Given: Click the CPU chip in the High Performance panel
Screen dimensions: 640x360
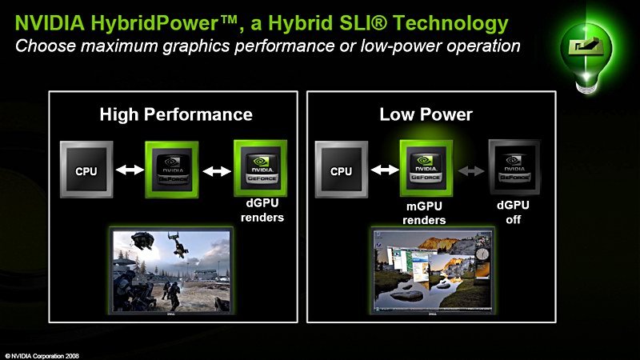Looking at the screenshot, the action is tap(86, 170).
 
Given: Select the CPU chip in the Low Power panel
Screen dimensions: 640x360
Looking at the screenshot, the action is tap(342, 170).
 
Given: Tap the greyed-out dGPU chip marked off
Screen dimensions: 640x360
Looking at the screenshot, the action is tap(514, 167).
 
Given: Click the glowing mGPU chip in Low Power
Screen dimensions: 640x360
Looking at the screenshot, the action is tap(426, 168).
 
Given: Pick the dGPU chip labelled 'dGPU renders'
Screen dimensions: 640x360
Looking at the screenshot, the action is tap(261, 168).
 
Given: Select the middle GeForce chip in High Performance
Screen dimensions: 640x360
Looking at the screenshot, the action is tap(172, 170).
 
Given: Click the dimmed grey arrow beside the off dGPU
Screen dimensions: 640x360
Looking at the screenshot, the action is tap(471, 170).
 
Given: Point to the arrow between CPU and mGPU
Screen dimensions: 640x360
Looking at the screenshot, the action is tap(385, 169).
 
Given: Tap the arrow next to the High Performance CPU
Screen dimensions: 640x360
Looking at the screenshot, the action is tap(130, 169).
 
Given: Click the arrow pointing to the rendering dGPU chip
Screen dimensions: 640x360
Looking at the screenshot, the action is tap(217, 171).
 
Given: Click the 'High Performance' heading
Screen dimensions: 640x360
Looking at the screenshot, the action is tap(176, 114).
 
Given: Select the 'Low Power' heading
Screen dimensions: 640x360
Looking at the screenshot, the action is tap(426, 114).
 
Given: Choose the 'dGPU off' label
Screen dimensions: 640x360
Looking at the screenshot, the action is tap(513, 212).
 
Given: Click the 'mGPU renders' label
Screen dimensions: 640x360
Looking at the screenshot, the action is tap(424, 213).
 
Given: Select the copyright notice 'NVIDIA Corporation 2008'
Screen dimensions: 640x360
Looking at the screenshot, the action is tap(42, 356).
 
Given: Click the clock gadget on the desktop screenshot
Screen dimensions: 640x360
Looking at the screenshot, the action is tap(482, 254).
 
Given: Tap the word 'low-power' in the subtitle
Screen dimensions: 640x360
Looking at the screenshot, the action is tap(401, 46).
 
